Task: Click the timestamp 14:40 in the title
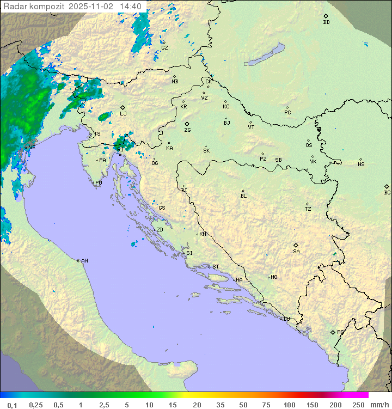[131, 6]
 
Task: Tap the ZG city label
[187, 130]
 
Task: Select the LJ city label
[123, 114]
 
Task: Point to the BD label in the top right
[326, 22]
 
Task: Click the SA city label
[296, 251]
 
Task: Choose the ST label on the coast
[216, 266]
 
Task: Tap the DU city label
[286, 319]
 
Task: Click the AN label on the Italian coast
[84, 261]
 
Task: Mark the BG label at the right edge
[387, 192]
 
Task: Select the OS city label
[309, 145]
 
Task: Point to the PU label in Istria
[99, 183]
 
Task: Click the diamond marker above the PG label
[333, 332]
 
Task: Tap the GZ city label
[164, 47]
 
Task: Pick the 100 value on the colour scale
[290, 405]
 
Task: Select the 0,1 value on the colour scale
[12, 405]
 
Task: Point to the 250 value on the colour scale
[358, 405]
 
